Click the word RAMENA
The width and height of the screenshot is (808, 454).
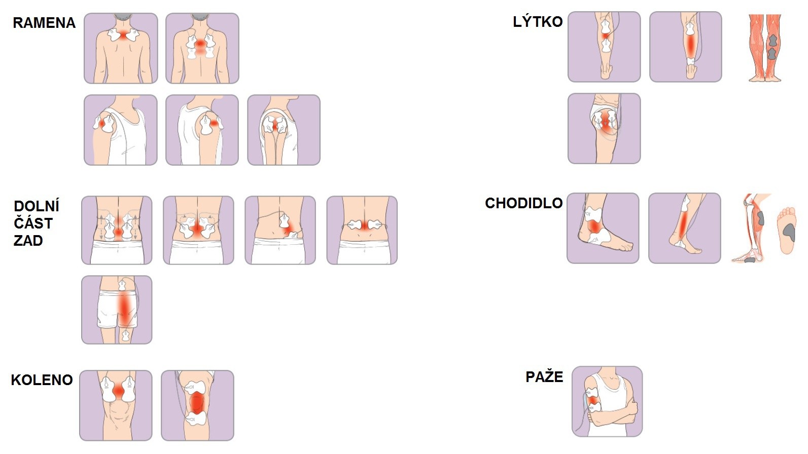44,23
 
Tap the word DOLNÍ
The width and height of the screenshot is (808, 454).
37,206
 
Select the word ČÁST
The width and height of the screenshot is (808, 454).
33,223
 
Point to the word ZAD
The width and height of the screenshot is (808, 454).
28,240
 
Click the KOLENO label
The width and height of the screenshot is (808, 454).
42,380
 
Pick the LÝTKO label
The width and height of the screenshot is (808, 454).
538,22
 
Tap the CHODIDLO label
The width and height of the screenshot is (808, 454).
523,203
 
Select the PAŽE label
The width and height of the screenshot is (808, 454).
544,377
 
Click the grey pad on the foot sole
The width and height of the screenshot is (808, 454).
789,232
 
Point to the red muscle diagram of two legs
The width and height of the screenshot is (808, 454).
765,48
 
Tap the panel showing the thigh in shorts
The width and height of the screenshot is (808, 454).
117,310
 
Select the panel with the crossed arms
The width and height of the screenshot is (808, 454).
607,401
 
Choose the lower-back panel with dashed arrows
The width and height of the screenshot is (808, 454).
117,230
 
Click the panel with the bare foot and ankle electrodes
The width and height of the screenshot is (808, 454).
603,228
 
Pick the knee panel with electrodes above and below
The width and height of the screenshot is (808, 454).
197,405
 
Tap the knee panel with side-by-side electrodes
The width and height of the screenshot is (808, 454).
116,405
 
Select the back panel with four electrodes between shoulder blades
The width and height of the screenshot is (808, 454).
202,48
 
